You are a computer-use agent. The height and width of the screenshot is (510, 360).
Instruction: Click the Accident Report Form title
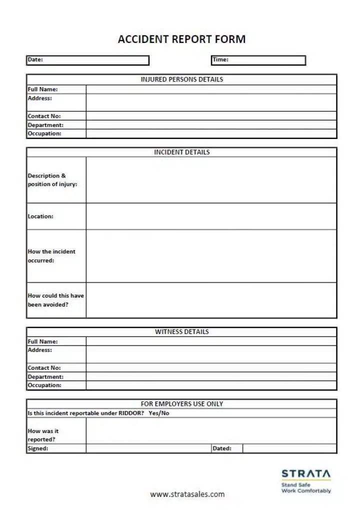(x=181, y=39)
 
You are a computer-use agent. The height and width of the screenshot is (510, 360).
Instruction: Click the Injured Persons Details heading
(x=181, y=79)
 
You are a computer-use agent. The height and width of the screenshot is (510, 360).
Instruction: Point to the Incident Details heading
(x=181, y=152)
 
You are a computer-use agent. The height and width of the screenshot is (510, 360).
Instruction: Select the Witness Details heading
(x=181, y=331)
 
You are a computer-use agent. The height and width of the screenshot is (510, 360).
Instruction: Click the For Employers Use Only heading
(x=181, y=403)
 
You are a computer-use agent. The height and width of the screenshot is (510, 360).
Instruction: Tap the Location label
(x=40, y=216)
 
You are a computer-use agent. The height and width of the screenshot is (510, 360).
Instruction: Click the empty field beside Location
(x=211, y=216)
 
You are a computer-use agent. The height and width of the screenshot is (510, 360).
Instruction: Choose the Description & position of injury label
(x=52, y=180)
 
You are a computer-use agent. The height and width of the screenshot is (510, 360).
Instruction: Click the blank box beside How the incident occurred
(x=211, y=256)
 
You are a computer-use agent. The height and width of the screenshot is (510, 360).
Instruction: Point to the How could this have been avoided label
(x=55, y=300)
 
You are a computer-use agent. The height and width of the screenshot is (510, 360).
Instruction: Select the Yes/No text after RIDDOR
(x=159, y=413)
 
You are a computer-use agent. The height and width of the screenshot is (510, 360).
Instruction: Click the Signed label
(x=38, y=448)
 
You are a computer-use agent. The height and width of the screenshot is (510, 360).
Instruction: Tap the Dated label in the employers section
(x=222, y=448)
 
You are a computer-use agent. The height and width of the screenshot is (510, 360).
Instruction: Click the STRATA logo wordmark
(x=306, y=473)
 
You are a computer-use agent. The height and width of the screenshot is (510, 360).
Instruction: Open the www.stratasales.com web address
(x=187, y=494)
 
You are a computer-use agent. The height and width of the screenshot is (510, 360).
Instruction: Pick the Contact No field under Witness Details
(x=211, y=368)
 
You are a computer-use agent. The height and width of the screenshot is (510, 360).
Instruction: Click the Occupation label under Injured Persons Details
(x=44, y=133)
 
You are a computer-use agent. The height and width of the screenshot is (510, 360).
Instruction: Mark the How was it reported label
(x=43, y=435)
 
